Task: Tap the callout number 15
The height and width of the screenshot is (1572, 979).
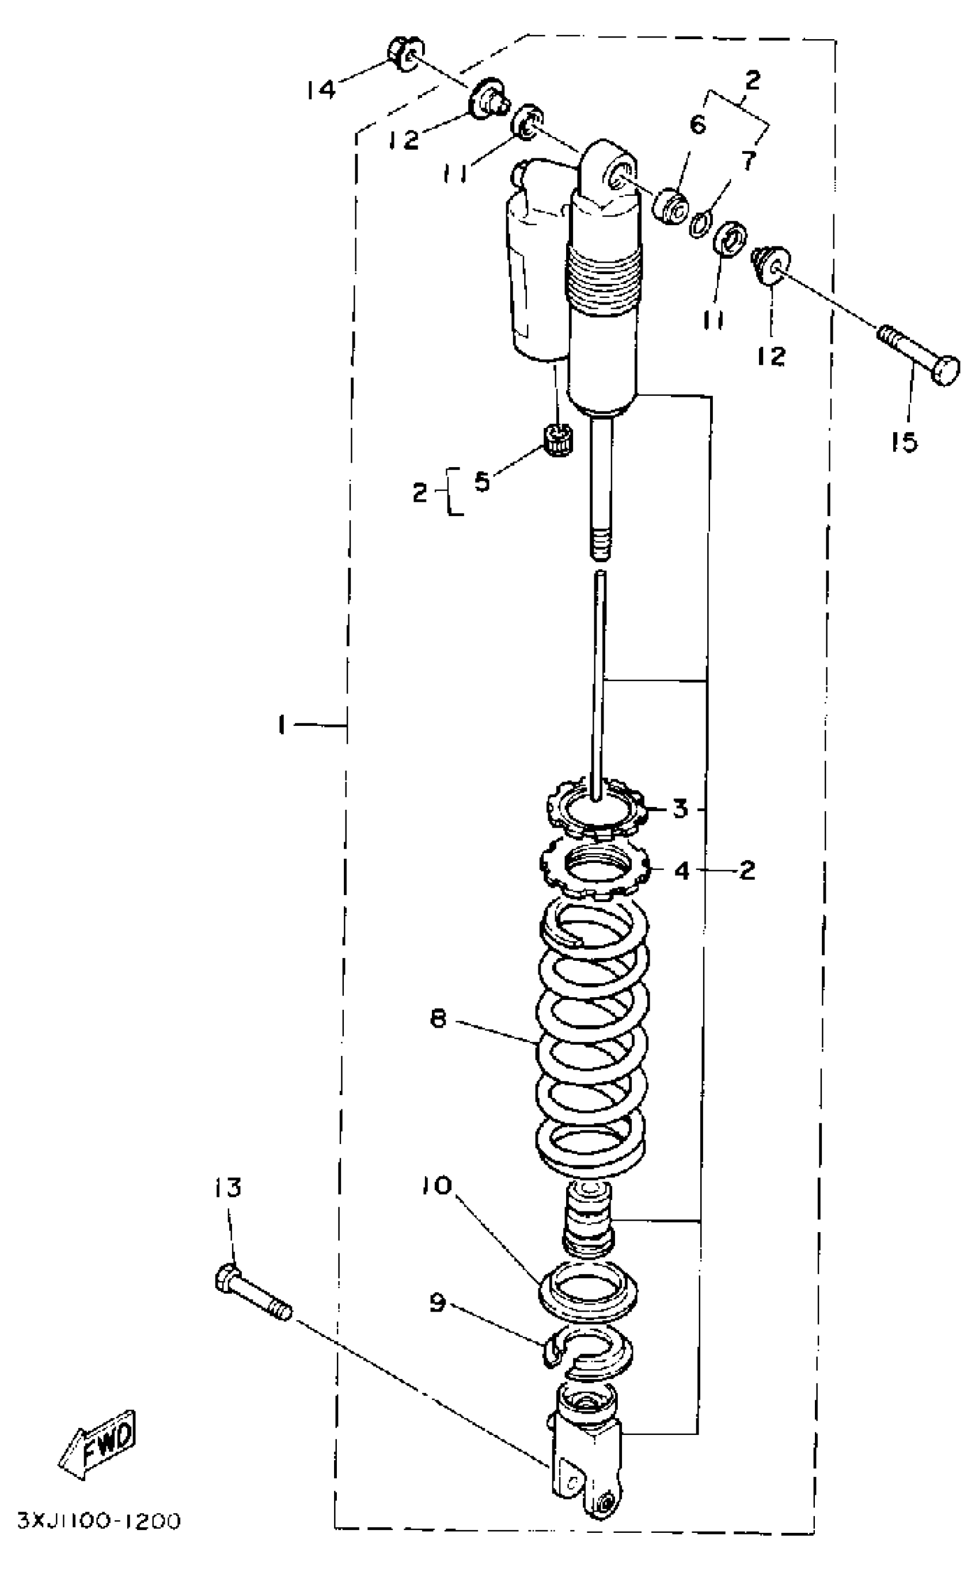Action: (x=904, y=443)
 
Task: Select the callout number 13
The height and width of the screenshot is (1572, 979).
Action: (x=227, y=1188)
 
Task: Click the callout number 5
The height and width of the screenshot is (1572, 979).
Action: (x=482, y=482)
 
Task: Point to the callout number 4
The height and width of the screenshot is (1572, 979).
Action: (x=682, y=872)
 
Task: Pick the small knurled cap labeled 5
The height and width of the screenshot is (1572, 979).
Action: (x=557, y=440)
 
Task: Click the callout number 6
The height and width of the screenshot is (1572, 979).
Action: (x=697, y=124)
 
